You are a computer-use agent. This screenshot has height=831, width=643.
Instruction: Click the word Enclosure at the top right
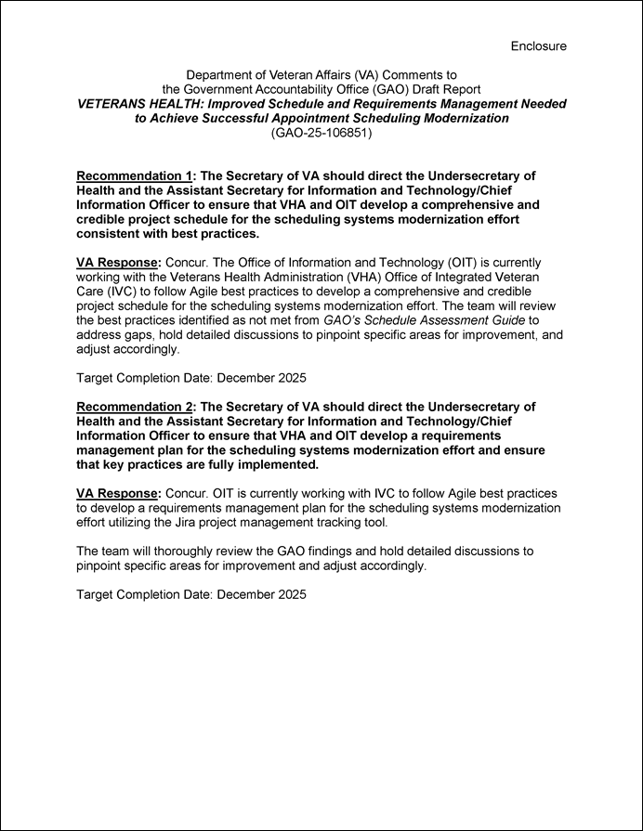click(x=538, y=45)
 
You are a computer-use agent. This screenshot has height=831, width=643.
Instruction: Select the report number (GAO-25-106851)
click(x=321, y=133)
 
